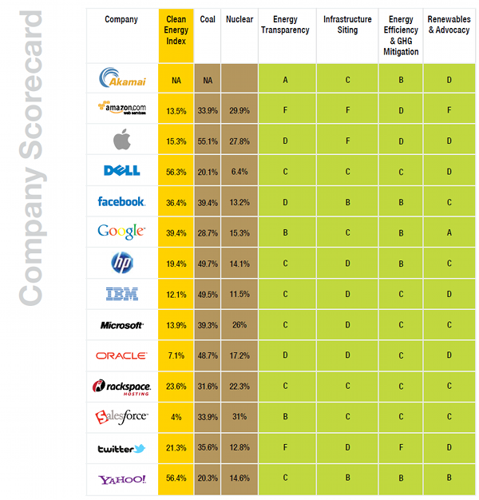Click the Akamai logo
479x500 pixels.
(121, 78)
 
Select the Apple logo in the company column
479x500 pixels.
(121, 141)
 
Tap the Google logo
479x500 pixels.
(121, 232)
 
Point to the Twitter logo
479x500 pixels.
(121, 449)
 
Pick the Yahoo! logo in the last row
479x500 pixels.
(121, 479)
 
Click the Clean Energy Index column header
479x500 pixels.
(176, 30)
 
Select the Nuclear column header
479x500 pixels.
(239, 19)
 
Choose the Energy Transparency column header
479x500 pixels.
(286, 25)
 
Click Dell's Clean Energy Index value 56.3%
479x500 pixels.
(176, 171)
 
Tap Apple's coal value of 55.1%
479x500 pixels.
(208, 141)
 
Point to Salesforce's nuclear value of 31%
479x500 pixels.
(239, 417)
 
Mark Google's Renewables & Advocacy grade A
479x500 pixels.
(449, 232)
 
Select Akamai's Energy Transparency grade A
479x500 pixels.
(286, 80)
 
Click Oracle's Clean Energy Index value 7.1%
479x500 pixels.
(176, 355)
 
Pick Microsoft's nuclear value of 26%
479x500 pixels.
(239, 325)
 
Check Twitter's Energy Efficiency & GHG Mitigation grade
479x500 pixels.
(401, 448)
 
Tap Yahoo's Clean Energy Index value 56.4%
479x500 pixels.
(176, 479)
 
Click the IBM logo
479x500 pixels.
(121, 294)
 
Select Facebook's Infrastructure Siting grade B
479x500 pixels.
(347, 202)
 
